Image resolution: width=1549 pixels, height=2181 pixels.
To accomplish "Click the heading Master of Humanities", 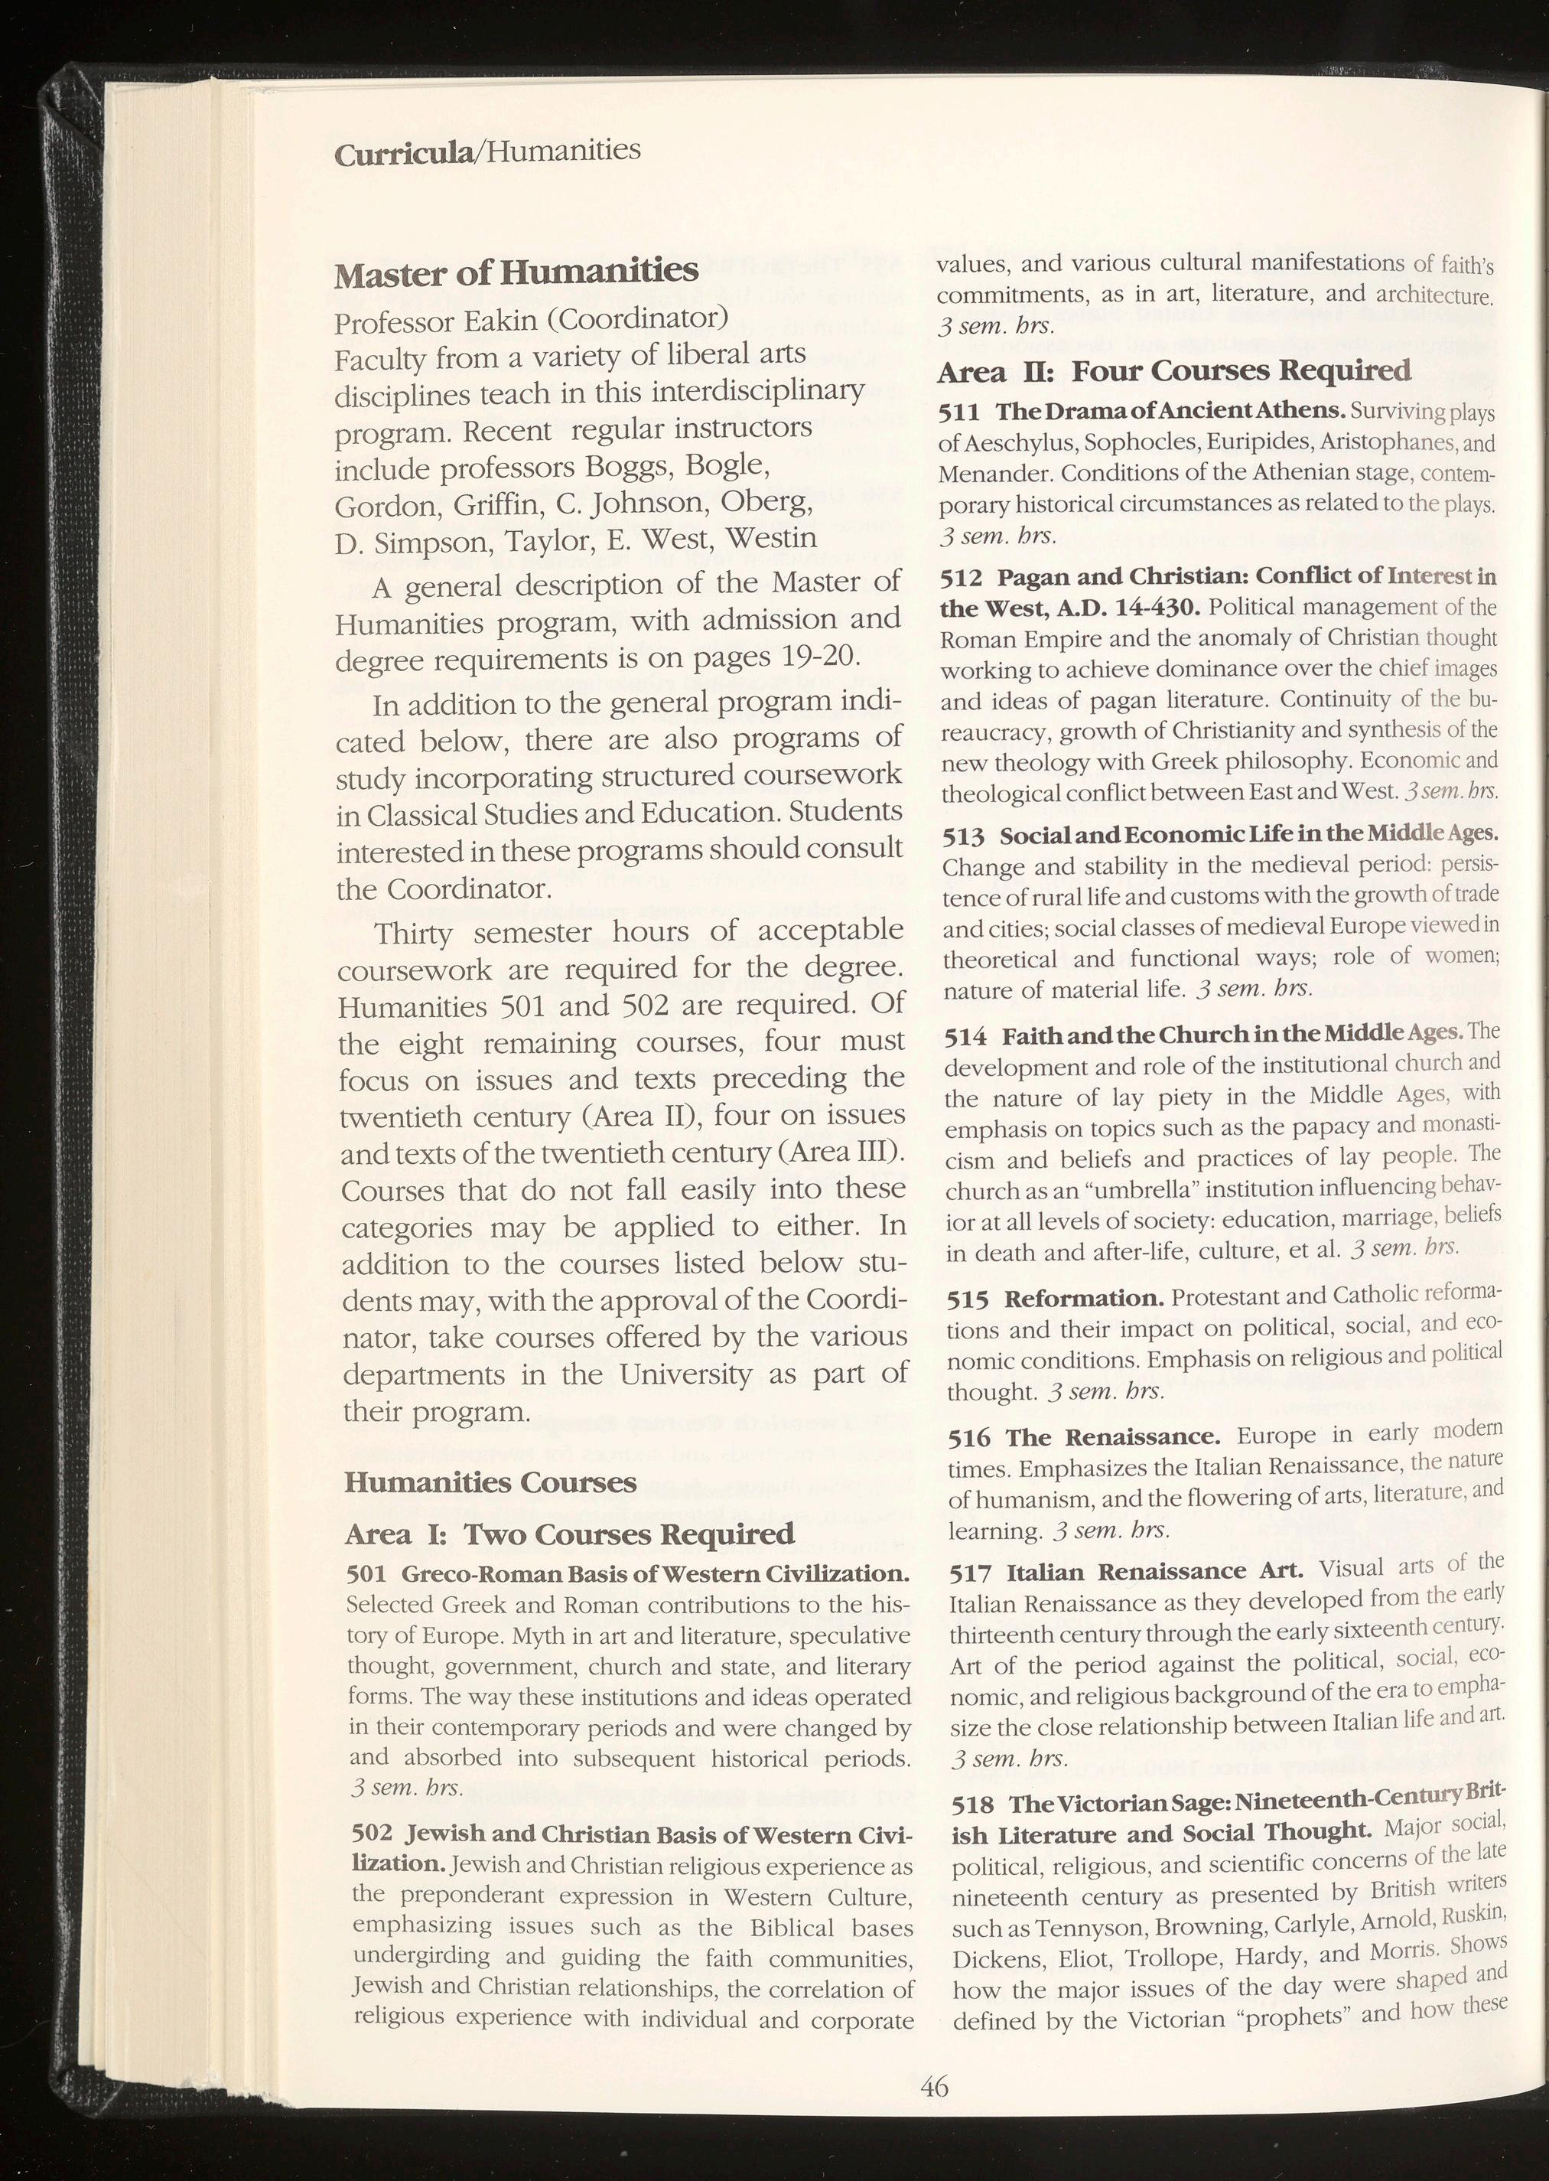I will [516, 274].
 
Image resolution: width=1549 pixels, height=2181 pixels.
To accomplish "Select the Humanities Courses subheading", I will [490, 1482].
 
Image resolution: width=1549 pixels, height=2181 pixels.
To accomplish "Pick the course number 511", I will [959, 411].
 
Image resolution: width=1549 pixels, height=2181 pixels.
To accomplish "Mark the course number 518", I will [974, 1805].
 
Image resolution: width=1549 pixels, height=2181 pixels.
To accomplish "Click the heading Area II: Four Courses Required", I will [1174, 370].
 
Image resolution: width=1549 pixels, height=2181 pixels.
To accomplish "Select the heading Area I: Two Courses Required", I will [568, 1534].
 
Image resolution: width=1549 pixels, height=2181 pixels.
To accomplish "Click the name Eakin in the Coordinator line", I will [497, 317].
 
